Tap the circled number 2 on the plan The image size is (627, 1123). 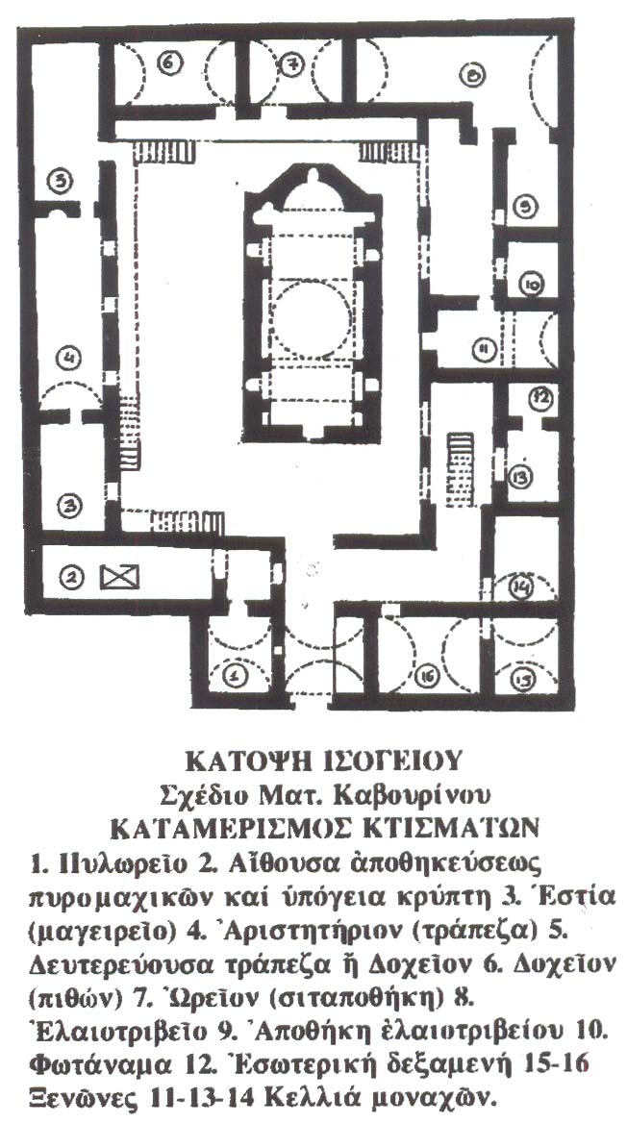69,577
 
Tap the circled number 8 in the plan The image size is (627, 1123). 472,73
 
